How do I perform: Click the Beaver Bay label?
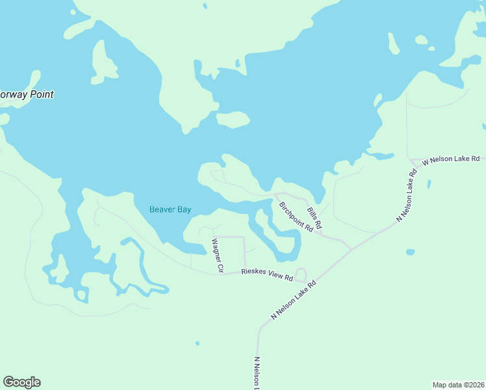[x=170, y=209]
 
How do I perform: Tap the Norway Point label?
[x=26, y=94]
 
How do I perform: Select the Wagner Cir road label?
[x=216, y=255]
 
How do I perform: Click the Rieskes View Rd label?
[x=267, y=274]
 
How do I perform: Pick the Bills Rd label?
[x=314, y=218]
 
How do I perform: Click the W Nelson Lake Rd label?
[x=451, y=159]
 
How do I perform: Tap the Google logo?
[x=21, y=382]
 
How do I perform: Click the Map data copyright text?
[x=458, y=385]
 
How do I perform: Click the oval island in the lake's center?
[x=233, y=120]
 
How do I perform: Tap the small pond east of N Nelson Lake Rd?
[x=410, y=252]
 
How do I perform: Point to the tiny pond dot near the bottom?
[x=197, y=343]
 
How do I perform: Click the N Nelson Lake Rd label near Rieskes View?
[x=294, y=300]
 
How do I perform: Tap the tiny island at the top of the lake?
[x=205, y=6]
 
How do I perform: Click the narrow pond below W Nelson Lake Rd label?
[x=429, y=184]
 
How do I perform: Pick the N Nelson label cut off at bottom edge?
[x=257, y=373]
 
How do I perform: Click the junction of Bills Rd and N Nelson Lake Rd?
[x=352, y=249]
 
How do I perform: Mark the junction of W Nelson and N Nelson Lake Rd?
[x=411, y=161]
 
